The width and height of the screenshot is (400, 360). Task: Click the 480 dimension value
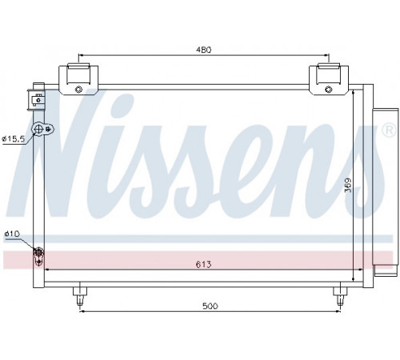[204, 50]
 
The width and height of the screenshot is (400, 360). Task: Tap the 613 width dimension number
[203, 265]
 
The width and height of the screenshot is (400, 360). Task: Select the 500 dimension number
[210, 306]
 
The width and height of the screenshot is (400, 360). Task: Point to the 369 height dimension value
[348, 185]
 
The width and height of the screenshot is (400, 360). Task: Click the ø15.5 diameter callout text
[13, 138]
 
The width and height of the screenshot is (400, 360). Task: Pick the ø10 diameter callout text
[12, 234]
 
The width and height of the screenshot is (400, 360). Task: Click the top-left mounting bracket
[78, 79]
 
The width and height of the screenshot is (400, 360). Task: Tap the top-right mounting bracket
[329, 79]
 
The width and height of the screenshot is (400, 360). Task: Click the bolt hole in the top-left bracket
[78, 90]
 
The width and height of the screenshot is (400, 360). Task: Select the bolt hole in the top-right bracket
[329, 90]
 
